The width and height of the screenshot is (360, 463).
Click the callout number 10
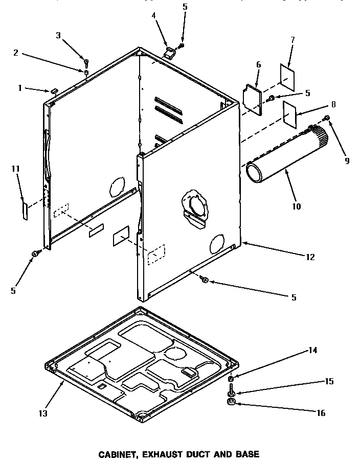[297, 207]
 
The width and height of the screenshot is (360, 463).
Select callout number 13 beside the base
[43, 413]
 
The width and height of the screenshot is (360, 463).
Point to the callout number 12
[310, 257]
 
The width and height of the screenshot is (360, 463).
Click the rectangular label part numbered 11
[24, 210]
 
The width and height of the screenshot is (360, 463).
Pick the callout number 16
[321, 413]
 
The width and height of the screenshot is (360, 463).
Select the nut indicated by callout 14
[231, 379]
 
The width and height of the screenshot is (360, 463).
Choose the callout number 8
[333, 104]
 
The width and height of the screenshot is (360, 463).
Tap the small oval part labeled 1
[53, 90]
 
